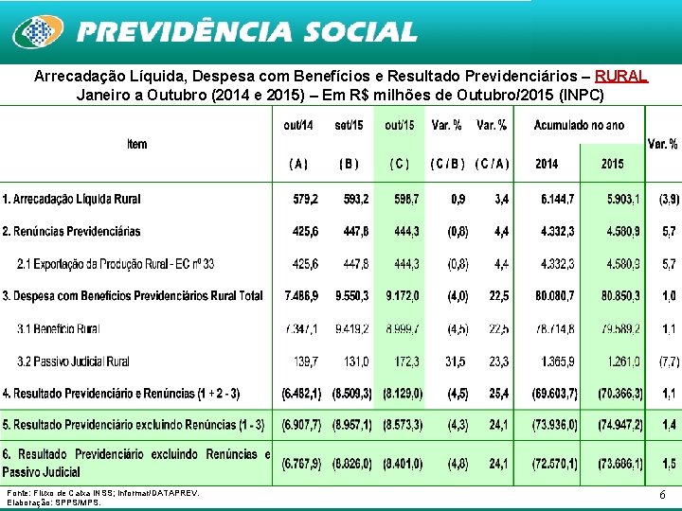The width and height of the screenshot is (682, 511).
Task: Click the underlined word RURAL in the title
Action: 621,76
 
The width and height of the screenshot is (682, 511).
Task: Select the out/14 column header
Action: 298,125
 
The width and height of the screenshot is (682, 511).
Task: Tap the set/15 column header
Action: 350,125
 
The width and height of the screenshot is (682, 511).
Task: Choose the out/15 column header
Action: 399,125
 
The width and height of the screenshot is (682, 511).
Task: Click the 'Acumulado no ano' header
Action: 579,125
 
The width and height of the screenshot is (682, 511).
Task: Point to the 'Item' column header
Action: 137,144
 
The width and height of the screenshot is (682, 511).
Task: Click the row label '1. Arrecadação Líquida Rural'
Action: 72,199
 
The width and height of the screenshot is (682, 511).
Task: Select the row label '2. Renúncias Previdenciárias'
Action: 72,231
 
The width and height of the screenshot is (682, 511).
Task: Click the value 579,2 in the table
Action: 306,199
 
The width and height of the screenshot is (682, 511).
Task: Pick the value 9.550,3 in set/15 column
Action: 352,296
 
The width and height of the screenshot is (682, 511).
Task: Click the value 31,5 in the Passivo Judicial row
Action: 456,361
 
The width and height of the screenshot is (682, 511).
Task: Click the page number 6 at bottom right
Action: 661,495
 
